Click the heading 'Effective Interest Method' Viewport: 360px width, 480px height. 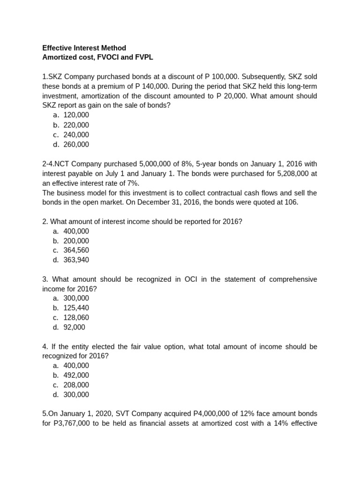84,48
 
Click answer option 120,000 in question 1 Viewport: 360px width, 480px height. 76,115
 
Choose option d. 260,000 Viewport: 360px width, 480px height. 76,144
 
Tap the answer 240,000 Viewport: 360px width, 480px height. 76,135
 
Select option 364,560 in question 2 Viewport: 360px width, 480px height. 76,250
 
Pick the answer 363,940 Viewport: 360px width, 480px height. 76,260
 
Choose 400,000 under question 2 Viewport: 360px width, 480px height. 76,231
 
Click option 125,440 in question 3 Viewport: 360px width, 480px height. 76,308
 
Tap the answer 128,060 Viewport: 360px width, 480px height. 76,317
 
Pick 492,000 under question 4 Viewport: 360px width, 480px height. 76,375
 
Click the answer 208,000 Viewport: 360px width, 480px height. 76,385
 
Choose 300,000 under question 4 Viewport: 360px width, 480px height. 76,395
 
